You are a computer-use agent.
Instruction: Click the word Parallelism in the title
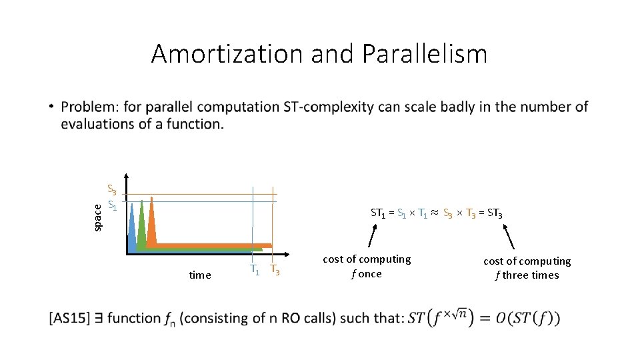[425, 53]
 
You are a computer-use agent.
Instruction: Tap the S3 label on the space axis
[113, 191]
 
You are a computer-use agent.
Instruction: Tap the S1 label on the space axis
[113, 207]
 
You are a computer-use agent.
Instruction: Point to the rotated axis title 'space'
[98, 217]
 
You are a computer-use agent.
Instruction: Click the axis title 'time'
[200, 275]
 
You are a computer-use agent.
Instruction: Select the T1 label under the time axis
[254, 270]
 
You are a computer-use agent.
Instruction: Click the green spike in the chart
[141, 223]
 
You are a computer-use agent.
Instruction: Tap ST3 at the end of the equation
[493, 214]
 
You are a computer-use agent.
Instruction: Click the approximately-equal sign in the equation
[435, 214]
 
